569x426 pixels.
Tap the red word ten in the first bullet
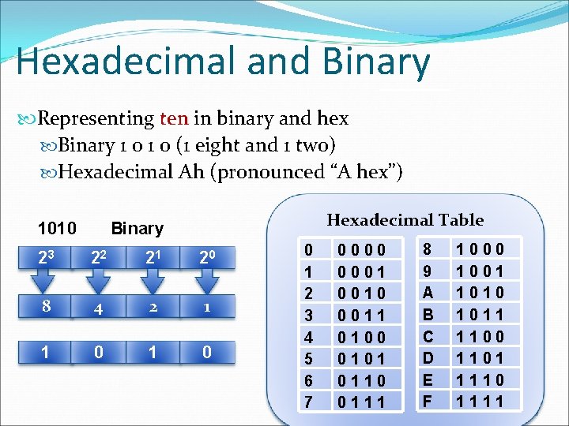(174, 119)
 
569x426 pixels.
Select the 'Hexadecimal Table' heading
(405, 220)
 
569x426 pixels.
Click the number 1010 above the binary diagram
(57, 229)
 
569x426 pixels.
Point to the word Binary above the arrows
(138, 229)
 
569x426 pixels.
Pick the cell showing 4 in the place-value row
(98, 308)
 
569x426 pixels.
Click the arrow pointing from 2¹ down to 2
(152, 282)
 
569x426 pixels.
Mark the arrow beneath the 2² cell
(98, 282)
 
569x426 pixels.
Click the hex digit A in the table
(428, 292)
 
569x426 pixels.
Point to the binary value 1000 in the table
(480, 250)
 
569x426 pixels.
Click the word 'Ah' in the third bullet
(191, 172)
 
